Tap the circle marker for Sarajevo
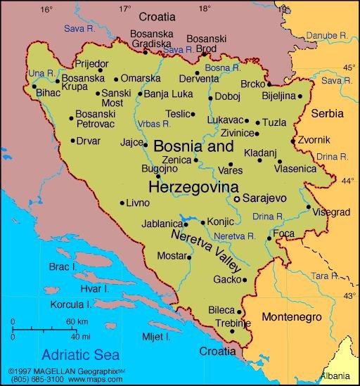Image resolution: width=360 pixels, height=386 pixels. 237,199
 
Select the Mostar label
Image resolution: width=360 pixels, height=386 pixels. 171,255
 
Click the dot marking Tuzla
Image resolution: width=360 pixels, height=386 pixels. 257,122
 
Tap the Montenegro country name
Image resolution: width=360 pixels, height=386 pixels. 292,317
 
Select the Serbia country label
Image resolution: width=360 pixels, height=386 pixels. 327,112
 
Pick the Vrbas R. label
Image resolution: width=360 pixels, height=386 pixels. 155,123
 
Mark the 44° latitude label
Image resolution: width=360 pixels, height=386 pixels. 347,181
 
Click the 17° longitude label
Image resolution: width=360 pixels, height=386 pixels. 124,9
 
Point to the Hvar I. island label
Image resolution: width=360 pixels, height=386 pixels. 94,288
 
